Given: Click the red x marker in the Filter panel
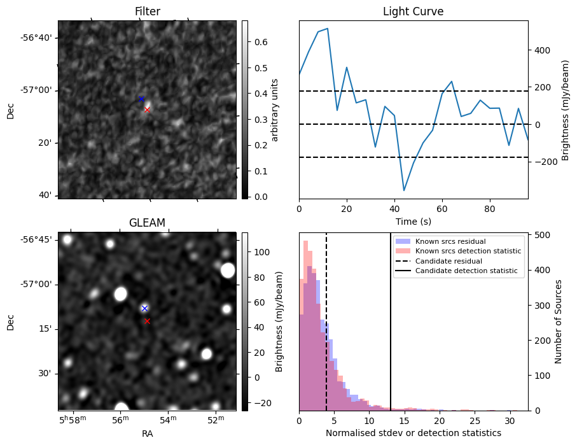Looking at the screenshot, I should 147,109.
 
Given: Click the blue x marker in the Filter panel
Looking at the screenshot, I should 141,99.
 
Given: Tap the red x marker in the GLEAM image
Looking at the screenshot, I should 147,321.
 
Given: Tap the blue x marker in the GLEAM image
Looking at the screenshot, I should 144,308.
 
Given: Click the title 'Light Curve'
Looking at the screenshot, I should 413,11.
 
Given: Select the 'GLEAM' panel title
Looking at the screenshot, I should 147,223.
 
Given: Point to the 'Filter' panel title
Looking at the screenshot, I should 147,11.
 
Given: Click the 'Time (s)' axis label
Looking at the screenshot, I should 413,222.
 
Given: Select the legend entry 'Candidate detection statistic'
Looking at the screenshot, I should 468,271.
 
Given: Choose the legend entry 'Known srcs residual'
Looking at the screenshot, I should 450,241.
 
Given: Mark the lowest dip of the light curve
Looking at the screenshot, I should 403,190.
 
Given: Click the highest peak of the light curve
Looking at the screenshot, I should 327,29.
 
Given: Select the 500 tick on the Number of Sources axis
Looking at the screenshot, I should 543,234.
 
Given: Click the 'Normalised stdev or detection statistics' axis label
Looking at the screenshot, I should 413,433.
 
